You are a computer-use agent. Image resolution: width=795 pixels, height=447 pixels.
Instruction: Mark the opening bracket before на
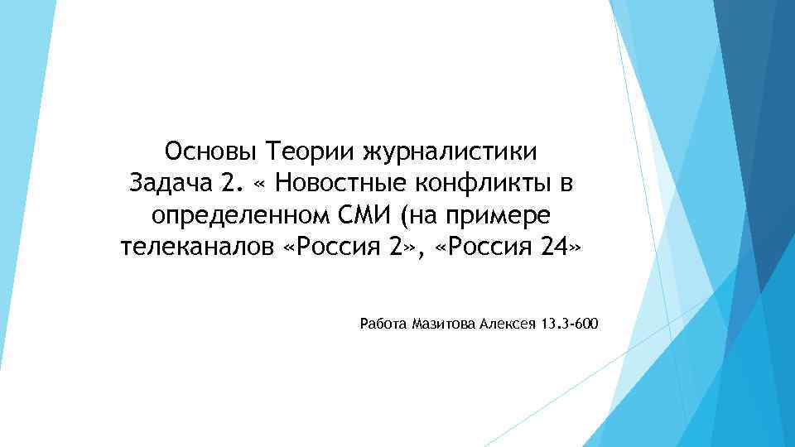pyautogui.click(x=403, y=216)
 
